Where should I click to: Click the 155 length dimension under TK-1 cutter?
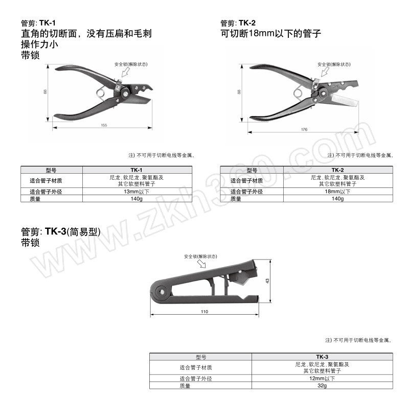pyautogui.click(x=104, y=125)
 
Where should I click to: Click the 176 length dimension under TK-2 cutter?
pyautogui.click(x=304, y=130)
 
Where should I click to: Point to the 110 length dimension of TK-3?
pyautogui.click(x=204, y=311)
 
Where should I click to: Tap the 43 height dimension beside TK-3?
pyautogui.click(x=267, y=280)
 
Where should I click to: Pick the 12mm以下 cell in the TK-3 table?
pyautogui.click(x=322, y=379)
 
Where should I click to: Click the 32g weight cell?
pyautogui.click(x=322, y=386)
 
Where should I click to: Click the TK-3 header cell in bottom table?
pyautogui.click(x=322, y=357)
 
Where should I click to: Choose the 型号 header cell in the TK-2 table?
pyautogui.click(x=252, y=170)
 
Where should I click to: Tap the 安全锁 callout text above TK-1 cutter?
pyautogui.click(x=131, y=64)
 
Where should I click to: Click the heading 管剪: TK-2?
pyautogui.click(x=238, y=23)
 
